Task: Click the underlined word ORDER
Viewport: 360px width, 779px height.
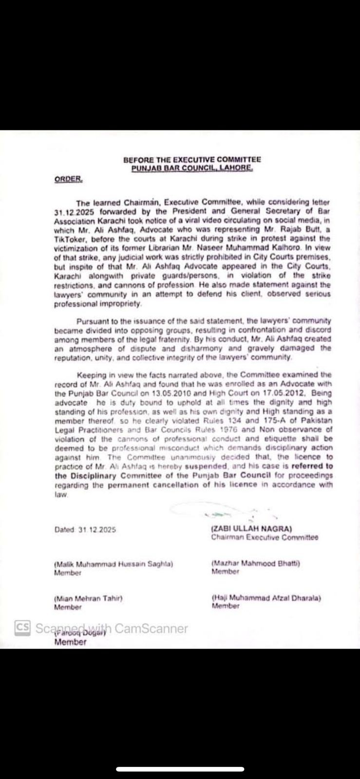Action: (x=68, y=179)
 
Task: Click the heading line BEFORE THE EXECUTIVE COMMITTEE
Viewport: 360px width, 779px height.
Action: (x=192, y=159)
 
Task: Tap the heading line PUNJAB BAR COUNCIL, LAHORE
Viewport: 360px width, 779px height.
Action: (x=192, y=168)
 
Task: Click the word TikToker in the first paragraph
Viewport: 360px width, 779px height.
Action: (x=69, y=239)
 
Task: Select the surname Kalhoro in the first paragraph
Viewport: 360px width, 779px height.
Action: (x=315, y=247)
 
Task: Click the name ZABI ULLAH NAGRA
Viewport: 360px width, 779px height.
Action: (x=251, y=529)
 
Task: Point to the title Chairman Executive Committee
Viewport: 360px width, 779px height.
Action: (x=265, y=538)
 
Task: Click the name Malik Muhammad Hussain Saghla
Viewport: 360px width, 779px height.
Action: (x=114, y=564)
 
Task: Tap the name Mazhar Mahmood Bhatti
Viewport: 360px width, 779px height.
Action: (x=256, y=563)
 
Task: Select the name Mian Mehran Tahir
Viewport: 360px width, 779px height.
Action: (x=88, y=598)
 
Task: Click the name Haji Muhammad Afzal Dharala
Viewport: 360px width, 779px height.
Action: (x=266, y=598)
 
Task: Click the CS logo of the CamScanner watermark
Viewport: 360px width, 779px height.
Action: (x=22, y=628)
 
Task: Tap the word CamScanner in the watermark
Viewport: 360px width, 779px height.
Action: (x=151, y=628)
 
